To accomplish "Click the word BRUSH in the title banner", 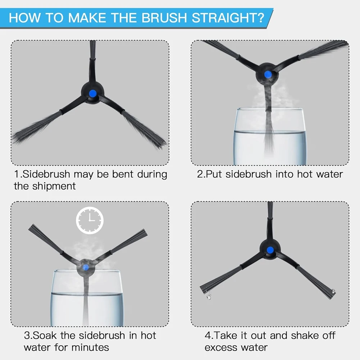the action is tap(164, 18).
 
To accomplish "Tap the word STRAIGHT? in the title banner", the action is tap(228, 18).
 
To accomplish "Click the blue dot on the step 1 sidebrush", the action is tap(93, 93).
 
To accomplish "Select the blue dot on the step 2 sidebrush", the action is tap(268, 74).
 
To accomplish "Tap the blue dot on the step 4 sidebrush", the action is tap(270, 250).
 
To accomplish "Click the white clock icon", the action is tap(90, 220).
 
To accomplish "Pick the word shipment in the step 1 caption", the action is tap(54, 186).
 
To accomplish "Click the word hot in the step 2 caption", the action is tap(305, 174).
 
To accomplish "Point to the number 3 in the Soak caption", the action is tap(27, 336).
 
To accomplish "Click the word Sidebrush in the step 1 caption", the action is tap(46, 174).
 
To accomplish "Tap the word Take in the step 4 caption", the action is tap(225, 336).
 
